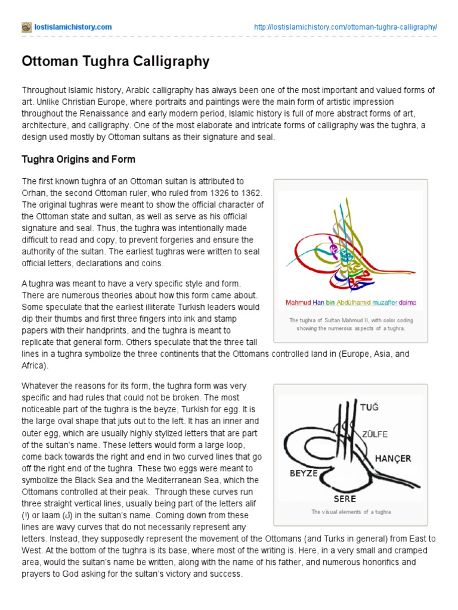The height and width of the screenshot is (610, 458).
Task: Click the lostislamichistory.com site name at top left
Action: coord(73,27)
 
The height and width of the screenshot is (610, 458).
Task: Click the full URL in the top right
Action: coord(345,27)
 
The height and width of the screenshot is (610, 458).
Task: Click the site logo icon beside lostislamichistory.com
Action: coord(26,27)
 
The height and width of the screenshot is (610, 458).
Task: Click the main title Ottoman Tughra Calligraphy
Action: coord(116,61)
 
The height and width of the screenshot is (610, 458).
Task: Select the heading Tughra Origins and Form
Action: coord(78,160)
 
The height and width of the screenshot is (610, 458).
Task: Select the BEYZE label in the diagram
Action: coord(304,473)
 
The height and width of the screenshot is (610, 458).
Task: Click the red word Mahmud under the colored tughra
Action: coord(299,303)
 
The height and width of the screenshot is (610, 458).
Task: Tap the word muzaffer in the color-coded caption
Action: coord(383,303)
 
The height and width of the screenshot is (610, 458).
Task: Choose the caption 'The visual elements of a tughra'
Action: coord(351,512)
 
